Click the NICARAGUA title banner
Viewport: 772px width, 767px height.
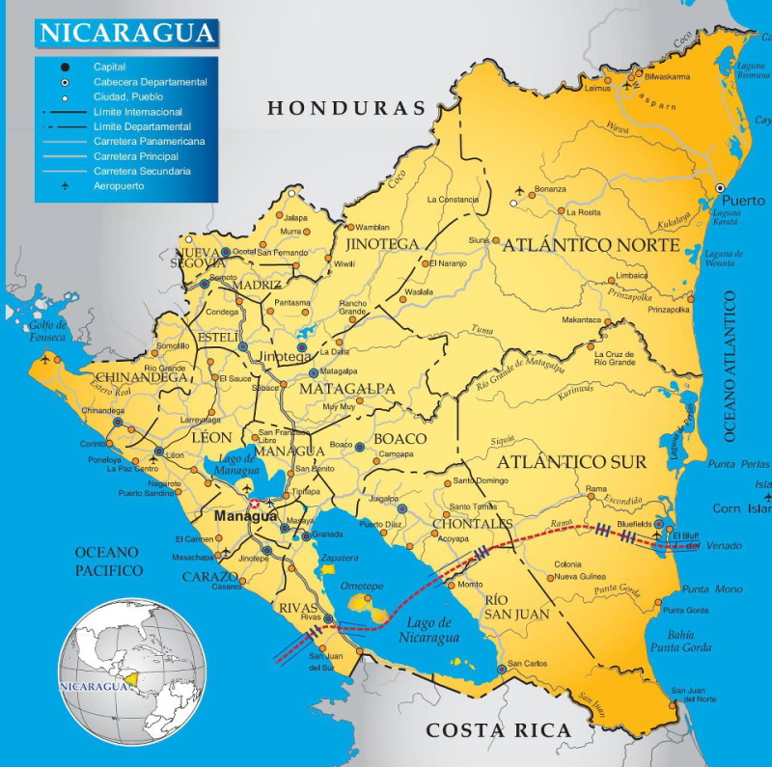(126, 32)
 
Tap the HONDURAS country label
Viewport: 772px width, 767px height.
(346, 108)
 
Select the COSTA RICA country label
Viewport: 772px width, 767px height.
(499, 730)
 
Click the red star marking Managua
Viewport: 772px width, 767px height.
(254, 504)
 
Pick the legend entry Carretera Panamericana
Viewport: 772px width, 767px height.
(149, 141)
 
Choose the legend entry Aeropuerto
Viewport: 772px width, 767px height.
(119, 185)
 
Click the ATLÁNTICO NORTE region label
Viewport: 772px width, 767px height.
(591, 245)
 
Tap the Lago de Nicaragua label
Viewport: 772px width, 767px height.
(429, 630)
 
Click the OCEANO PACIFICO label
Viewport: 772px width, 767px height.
(108, 562)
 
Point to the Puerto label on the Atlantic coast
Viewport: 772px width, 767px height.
(744, 201)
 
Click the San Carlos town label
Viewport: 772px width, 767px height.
(528, 664)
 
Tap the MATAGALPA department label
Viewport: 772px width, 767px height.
(347, 389)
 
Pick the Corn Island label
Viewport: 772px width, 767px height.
(741, 507)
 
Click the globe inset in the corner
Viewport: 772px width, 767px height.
(132, 671)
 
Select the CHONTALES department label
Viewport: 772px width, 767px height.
(473, 524)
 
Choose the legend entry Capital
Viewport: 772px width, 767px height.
(109, 68)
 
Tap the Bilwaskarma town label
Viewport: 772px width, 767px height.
(668, 76)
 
